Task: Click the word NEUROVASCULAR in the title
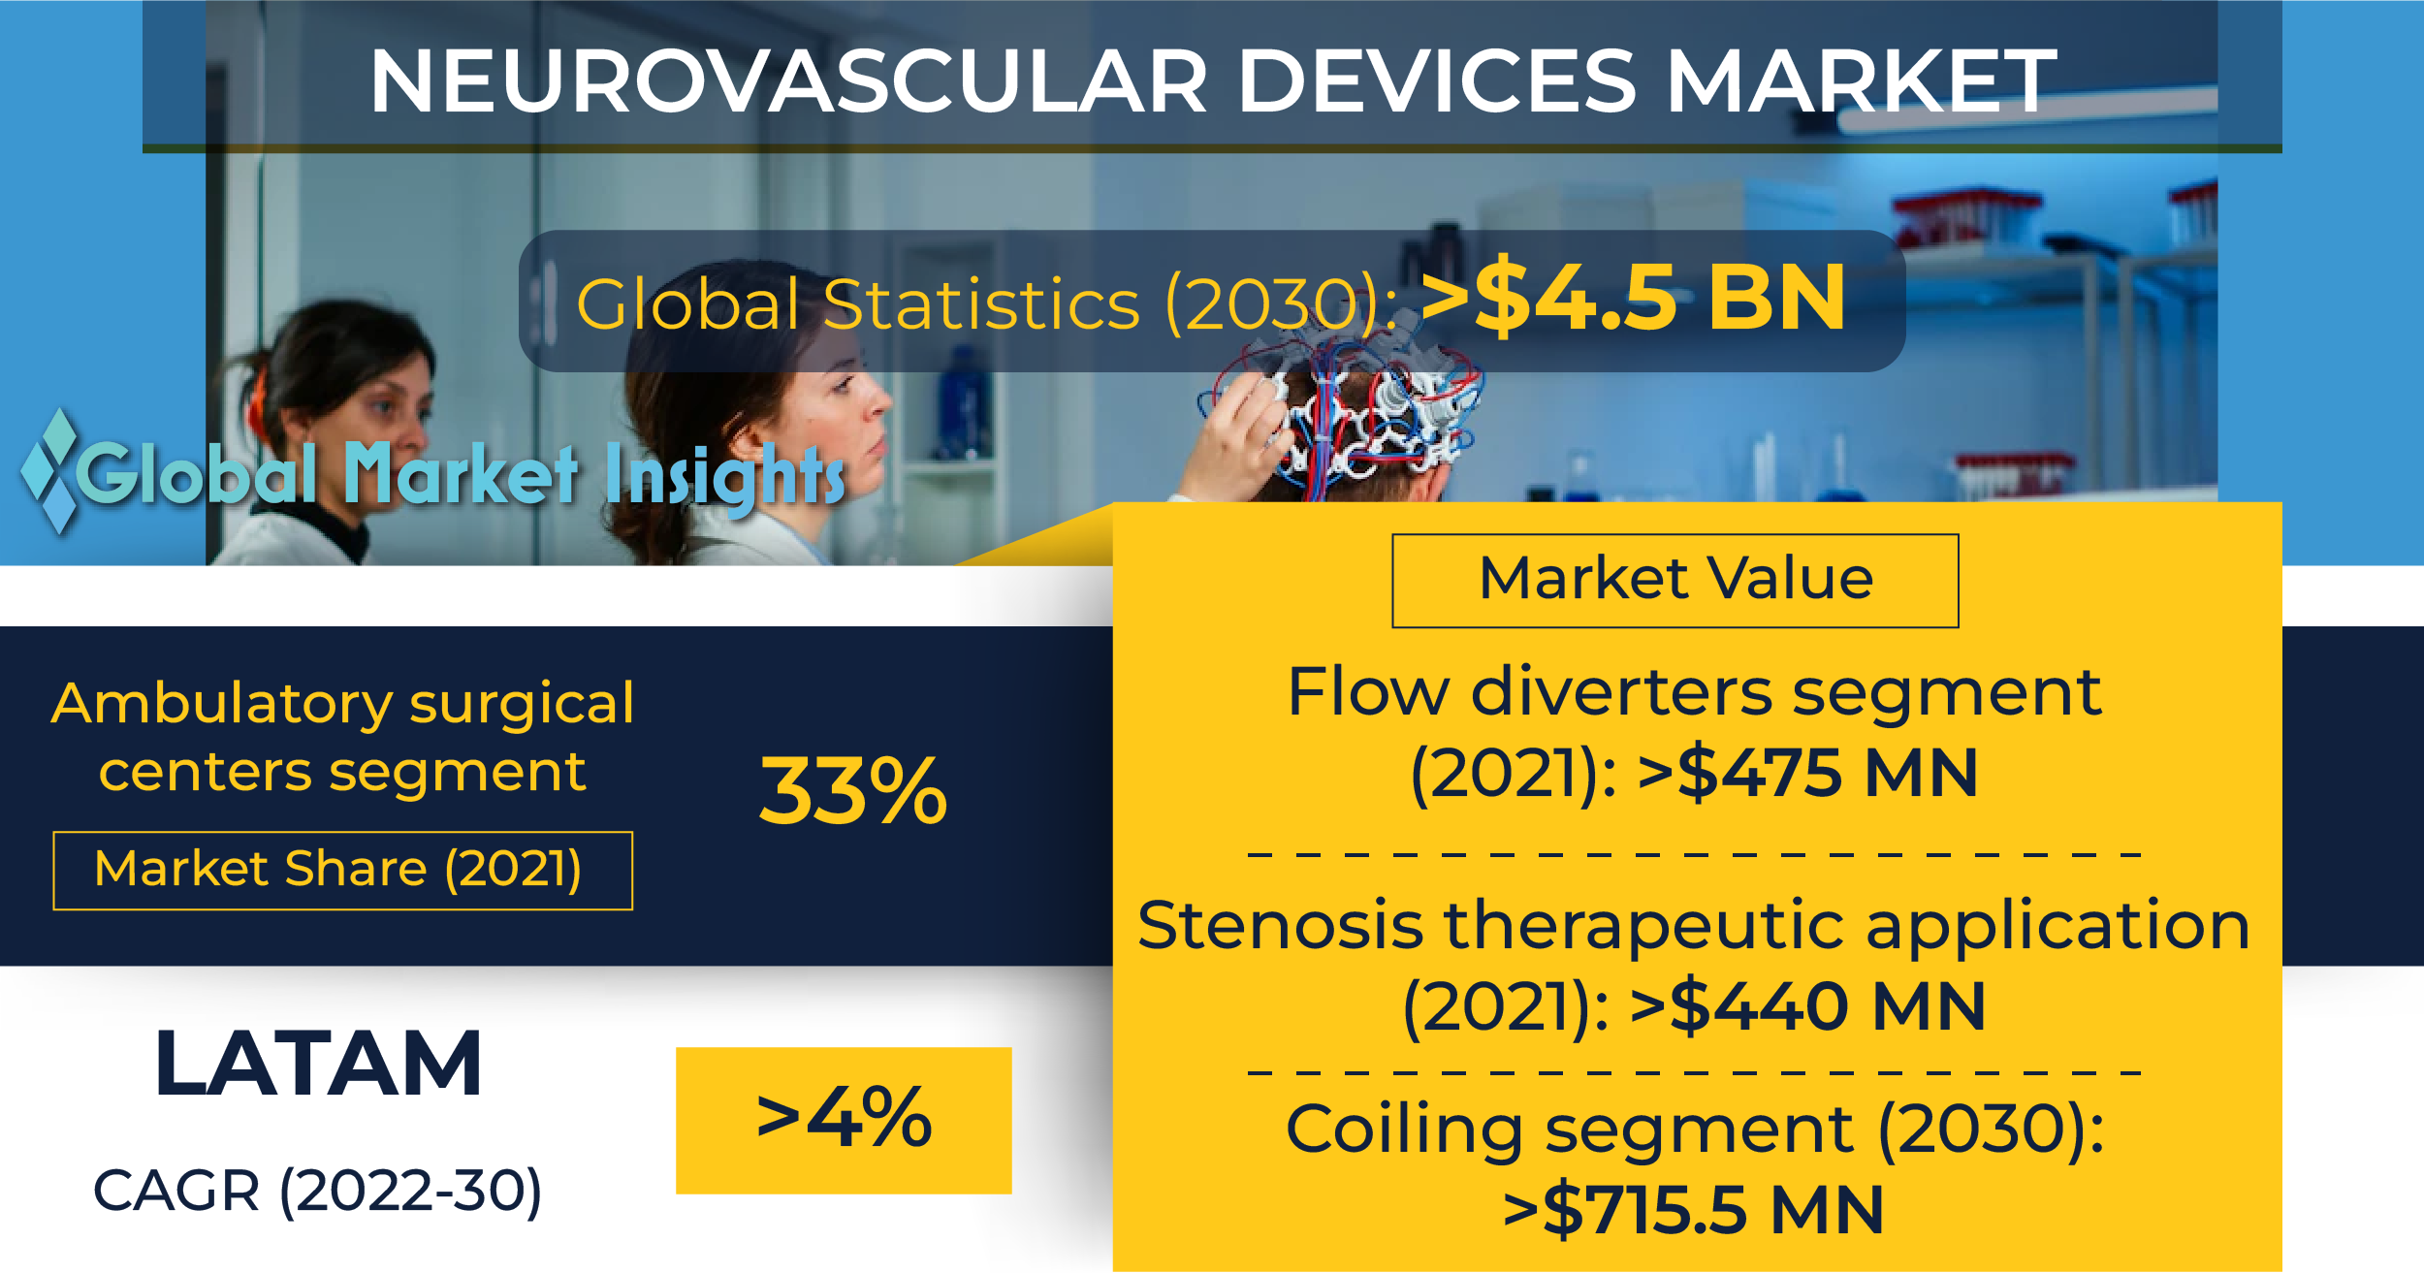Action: tap(788, 81)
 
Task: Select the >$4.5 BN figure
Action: tap(1633, 299)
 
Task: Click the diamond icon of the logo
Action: tap(50, 471)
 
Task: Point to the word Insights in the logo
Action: tap(725, 476)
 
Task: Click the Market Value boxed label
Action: tap(1675, 581)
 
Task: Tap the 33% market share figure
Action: tap(853, 791)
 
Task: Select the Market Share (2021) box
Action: tap(343, 871)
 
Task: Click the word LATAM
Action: tap(318, 1064)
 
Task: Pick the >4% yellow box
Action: tap(844, 1120)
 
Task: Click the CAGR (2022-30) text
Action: tap(317, 1192)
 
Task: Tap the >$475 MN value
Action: tap(1807, 774)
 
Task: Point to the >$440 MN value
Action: tap(1807, 1006)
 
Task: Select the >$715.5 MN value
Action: tap(1693, 1210)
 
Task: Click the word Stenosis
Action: tap(1280, 925)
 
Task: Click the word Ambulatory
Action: tap(221, 705)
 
